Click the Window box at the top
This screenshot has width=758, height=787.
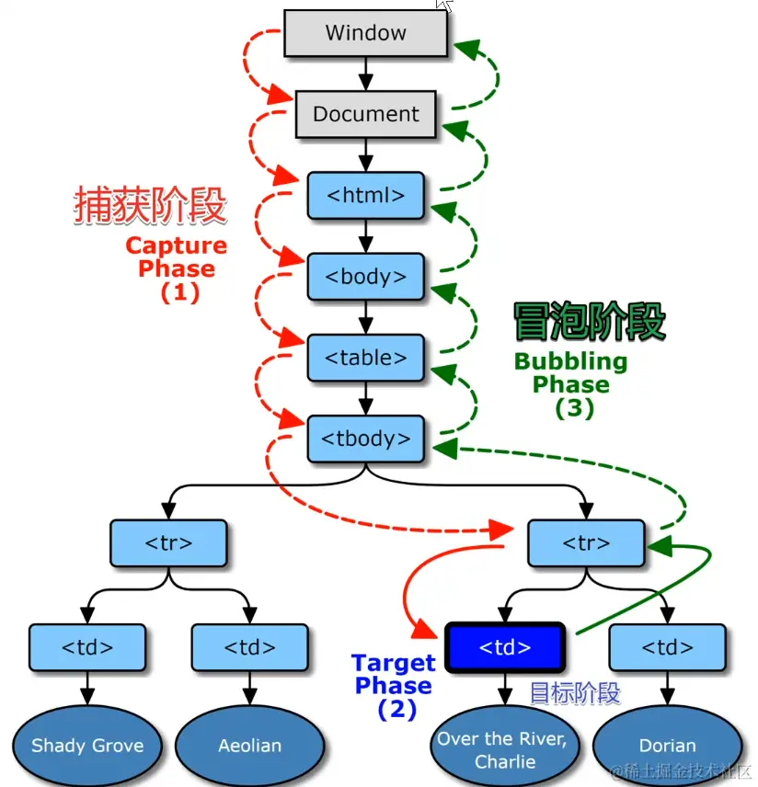coord(365,34)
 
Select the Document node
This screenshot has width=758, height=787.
coord(365,115)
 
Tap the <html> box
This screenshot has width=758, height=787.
coord(365,195)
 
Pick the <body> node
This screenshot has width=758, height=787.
coord(365,276)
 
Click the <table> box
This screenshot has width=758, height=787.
coord(365,357)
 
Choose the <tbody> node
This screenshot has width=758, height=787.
coord(365,438)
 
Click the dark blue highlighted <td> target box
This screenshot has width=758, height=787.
coord(504,648)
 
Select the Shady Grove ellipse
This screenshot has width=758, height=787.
coord(87,745)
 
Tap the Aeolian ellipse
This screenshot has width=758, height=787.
coord(249,745)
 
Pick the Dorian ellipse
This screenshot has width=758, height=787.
coord(667,745)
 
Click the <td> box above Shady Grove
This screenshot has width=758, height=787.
coord(87,647)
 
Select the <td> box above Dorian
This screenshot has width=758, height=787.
coord(667,647)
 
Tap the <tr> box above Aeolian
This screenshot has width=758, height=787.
coord(168,543)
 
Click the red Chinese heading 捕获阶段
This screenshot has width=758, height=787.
coord(150,207)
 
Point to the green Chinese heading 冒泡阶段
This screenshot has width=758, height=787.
coord(589,323)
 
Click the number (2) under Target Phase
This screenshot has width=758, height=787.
coord(396,710)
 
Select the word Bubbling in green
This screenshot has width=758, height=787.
coord(570,361)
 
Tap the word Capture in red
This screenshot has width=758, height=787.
coord(176,245)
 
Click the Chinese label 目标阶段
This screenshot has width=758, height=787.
coord(575,693)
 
